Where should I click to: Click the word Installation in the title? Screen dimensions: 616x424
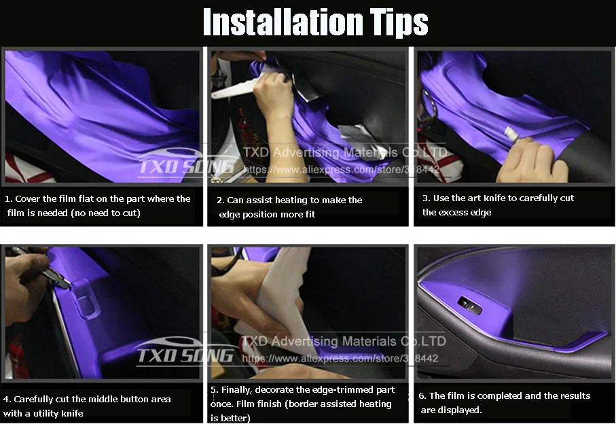pos(283,22)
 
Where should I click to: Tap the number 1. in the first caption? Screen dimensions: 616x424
pos(8,199)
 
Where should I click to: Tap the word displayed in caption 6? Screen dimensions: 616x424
pos(461,410)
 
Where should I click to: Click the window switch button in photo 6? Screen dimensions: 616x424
pos(469,304)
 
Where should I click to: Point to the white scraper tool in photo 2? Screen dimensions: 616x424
pos(235,89)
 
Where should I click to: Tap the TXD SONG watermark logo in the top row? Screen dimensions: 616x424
pos(187,163)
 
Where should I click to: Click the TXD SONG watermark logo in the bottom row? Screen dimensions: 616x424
pos(186,352)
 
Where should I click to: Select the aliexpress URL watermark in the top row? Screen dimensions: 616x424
pos(342,169)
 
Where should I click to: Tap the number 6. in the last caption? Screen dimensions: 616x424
pos(422,395)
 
